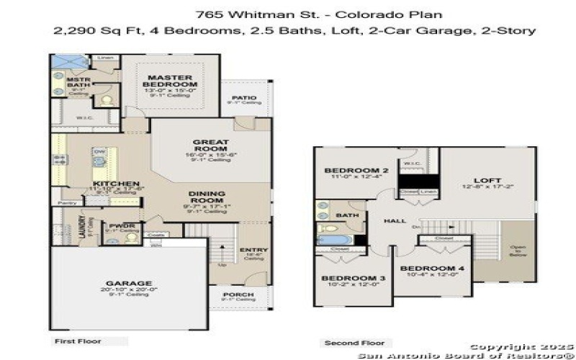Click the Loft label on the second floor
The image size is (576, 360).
[487, 180]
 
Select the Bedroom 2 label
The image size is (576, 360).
[356, 170]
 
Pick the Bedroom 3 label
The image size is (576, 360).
[348, 278]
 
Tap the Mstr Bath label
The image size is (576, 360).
[78, 82]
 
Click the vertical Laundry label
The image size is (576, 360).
[82, 228]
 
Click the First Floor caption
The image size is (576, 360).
[78, 341]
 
